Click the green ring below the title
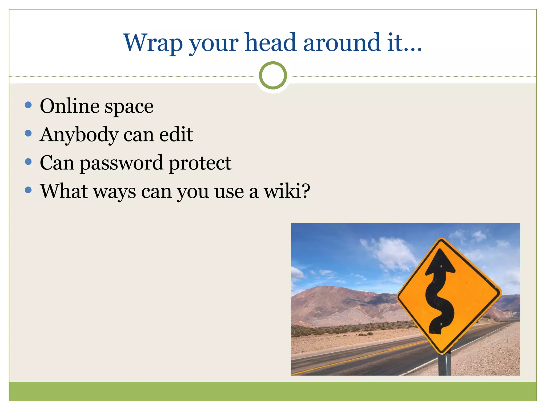coord(273,76)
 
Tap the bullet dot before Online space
coord(28,105)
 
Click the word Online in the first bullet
coord(69,106)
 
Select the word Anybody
coord(79,135)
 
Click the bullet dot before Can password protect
coord(28,161)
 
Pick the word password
coord(121,163)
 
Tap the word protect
coord(200,163)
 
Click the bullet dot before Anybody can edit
coord(28,133)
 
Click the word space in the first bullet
coord(129,107)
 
